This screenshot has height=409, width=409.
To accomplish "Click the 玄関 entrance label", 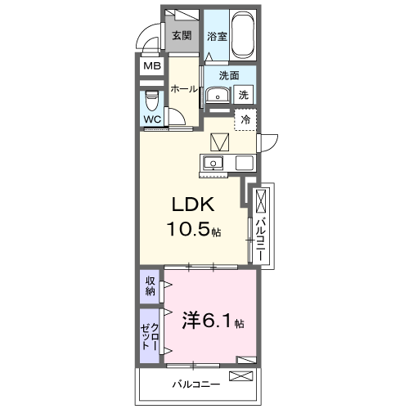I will point(182,35).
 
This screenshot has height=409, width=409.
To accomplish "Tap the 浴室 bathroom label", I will point(216,36).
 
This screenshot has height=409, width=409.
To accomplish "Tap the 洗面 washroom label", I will point(228,76).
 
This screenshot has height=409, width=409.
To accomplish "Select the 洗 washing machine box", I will point(243,95).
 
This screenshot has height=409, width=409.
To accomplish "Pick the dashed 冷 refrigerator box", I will point(245,119).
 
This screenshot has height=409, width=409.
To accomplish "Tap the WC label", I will point(152,119).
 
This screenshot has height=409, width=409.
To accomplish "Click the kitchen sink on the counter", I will point(214,161).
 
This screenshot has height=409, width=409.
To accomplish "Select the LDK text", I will point(194,205).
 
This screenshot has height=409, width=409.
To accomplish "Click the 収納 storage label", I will point(151,285).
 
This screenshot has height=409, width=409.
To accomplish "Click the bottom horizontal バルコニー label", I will point(195,382).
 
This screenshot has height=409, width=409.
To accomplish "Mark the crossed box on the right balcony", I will point(261,201).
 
